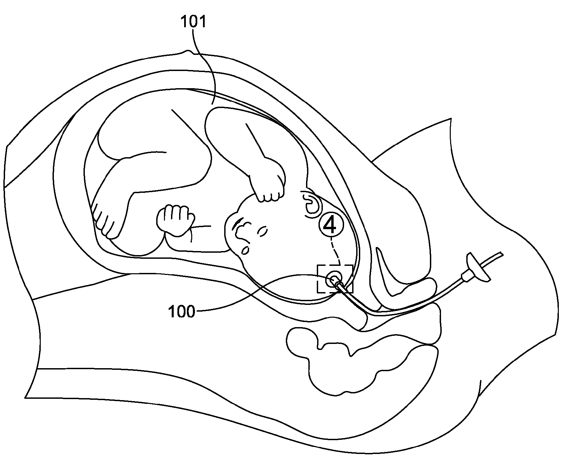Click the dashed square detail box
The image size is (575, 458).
335,279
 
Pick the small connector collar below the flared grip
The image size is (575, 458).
466,277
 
